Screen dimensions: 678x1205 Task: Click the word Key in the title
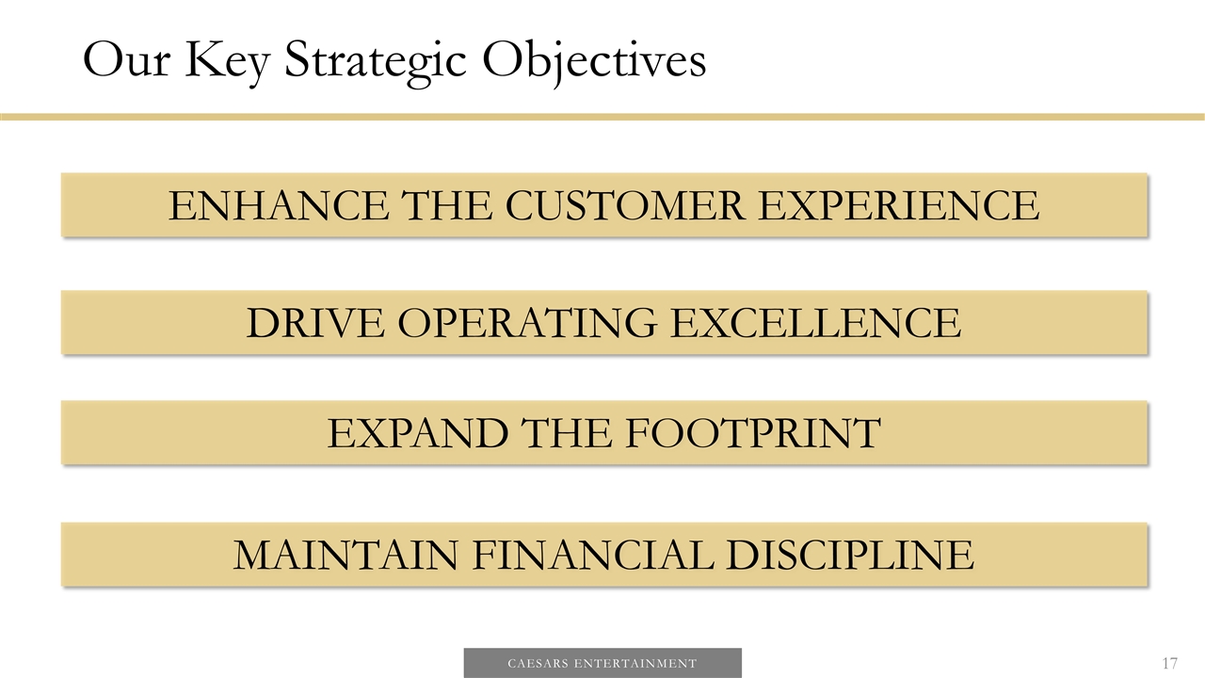tap(228, 62)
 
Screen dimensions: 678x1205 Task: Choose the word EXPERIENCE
tap(898, 205)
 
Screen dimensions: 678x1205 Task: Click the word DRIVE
tap(315, 323)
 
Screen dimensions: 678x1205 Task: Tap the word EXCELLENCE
tap(815, 323)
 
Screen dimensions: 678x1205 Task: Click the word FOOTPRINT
tap(750, 433)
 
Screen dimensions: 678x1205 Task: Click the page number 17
tap(1169, 664)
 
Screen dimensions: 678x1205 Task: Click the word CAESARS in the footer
tap(539, 664)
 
